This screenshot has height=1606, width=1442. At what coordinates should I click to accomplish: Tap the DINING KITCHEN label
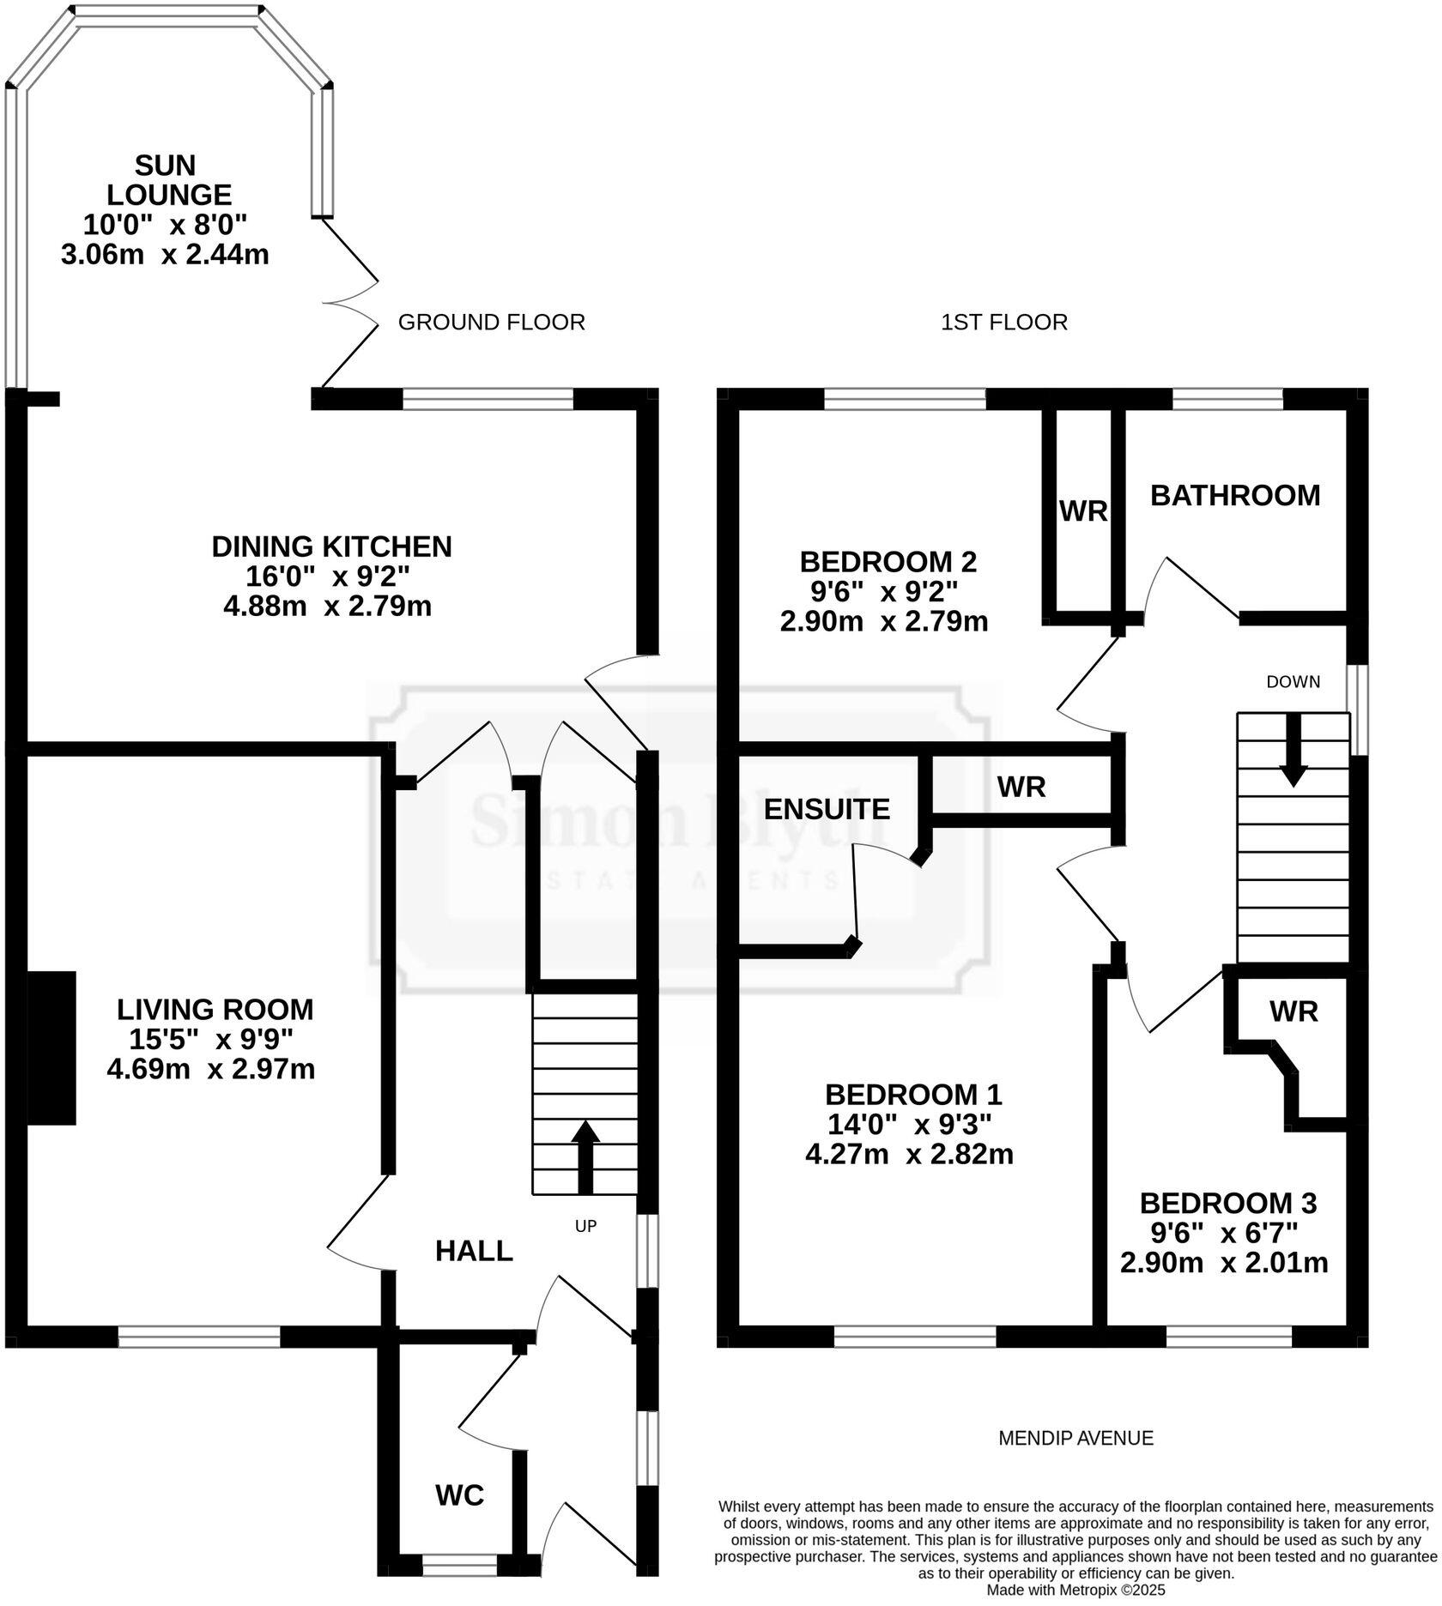coord(331,546)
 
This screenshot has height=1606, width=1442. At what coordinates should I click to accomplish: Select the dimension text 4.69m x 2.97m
coord(211,1069)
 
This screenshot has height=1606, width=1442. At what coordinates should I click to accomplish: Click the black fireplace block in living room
coord(51,1048)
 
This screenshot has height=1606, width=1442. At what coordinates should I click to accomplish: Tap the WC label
coord(459,1495)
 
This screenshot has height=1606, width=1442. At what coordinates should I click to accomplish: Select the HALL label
coord(474,1252)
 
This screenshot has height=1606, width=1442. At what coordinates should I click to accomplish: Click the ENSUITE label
coord(827,809)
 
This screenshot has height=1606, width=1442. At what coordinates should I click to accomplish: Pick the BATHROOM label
coord(1234,496)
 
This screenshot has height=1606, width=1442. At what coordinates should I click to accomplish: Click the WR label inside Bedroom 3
coord(1294,1011)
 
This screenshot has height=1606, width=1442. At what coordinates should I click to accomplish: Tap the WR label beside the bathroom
coord(1083,512)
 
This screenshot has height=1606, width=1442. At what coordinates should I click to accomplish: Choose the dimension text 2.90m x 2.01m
coord(1224,1263)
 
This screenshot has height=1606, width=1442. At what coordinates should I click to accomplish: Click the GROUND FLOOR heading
coord(491,323)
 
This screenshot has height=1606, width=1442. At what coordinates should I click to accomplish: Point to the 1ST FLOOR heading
coord(1003,323)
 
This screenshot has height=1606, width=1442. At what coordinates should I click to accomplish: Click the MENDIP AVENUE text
coord(1075,1438)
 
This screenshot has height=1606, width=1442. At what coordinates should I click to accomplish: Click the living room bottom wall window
coord(199,1337)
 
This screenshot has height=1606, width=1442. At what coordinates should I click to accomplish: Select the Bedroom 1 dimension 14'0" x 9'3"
coord(909,1124)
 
